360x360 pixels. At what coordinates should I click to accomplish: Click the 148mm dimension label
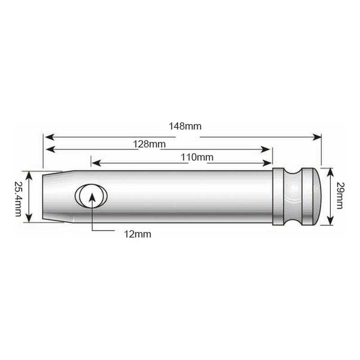point(185,126)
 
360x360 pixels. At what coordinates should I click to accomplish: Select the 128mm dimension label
point(149,144)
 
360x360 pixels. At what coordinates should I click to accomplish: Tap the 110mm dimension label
point(197,157)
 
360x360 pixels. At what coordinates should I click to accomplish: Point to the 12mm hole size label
point(138,234)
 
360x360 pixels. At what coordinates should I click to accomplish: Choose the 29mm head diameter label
point(341,195)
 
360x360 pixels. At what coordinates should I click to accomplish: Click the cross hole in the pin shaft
point(91,196)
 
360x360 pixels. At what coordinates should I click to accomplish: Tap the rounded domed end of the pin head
point(317,196)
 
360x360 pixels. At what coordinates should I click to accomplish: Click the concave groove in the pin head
point(293,197)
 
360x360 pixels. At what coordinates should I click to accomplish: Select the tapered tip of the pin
point(58,197)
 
